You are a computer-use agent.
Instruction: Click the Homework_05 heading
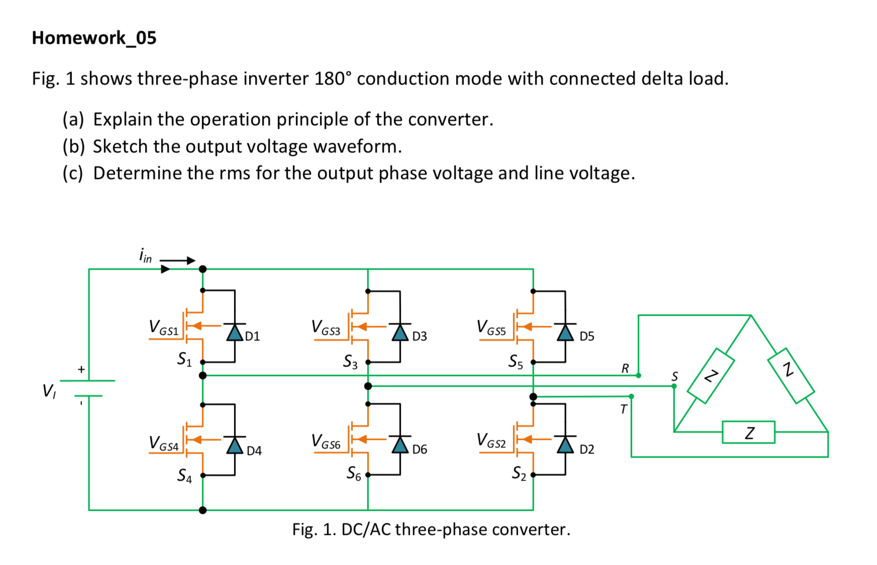(94, 38)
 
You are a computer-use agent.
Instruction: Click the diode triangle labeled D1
(235, 333)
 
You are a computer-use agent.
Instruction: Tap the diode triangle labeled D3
(400, 333)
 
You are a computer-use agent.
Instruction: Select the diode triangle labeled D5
(565, 333)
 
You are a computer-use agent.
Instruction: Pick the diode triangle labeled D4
(235, 445)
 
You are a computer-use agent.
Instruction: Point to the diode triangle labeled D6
(400, 445)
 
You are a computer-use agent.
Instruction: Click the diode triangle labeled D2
(565, 445)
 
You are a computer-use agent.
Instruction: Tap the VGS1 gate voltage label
(163, 328)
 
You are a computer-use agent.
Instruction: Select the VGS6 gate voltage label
(326, 441)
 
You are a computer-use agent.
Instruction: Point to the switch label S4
(184, 476)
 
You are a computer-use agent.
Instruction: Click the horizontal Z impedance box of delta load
(748, 432)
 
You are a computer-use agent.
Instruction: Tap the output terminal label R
(625, 368)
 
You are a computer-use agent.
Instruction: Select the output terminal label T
(624, 409)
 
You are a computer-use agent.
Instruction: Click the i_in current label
(145, 255)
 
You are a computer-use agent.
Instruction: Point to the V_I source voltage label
(49, 391)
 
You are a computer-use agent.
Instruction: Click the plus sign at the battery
(81, 369)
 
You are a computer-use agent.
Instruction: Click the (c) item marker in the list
(73, 173)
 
